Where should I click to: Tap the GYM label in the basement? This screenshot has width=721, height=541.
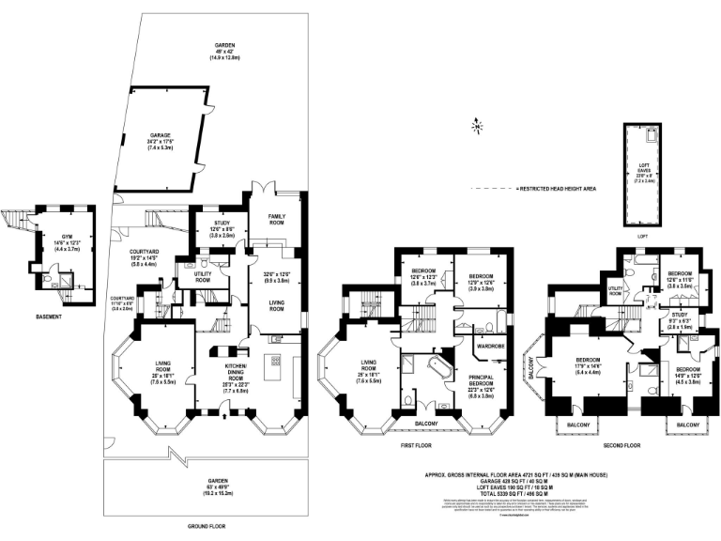[x=67, y=238]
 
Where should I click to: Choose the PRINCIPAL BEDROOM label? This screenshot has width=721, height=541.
[x=483, y=378]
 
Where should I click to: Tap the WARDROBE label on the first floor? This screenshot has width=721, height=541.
[x=492, y=345]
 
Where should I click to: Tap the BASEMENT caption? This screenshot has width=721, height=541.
[x=44, y=317]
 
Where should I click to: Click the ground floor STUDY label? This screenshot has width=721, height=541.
[x=215, y=224]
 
